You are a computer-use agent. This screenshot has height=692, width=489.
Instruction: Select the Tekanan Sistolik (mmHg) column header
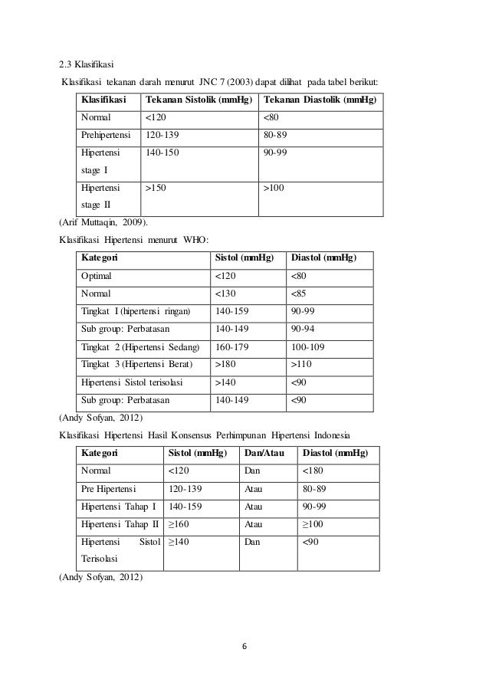(x=199, y=100)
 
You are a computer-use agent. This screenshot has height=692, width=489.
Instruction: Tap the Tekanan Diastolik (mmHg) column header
(x=320, y=100)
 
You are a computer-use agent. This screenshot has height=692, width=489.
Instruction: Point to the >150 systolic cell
(x=157, y=187)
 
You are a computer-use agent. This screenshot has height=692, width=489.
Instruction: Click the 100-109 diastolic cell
(x=309, y=346)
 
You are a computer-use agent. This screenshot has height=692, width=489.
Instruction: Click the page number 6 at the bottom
(x=244, y=644)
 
